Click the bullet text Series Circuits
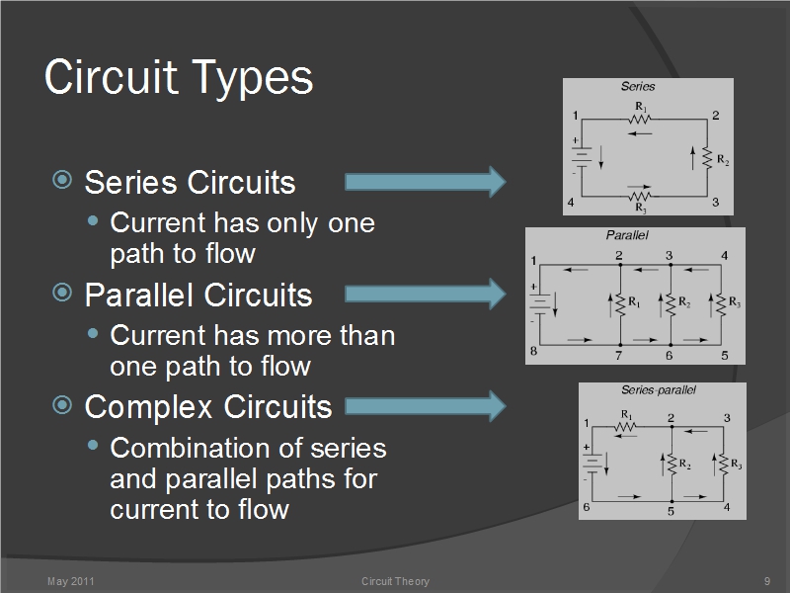pos(190,183)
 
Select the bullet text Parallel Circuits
pos(197,295)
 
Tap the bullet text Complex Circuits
pos(207,406)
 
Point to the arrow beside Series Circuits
pos(425,181)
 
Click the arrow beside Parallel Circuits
pos(425,294)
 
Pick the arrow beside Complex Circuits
pos(425,405)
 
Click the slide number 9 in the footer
pos(766,581)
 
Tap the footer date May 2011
pos(70,581)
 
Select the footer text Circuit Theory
pos(395,581)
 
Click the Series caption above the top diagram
pos(637,86)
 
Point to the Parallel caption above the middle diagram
pos(626,235)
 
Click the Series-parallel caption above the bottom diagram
pos(659,389)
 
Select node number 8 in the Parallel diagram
pos(533,352)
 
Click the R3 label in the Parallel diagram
pos(735,302)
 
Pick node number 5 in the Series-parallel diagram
pos(671,511)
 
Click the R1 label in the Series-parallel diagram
pos(627,415)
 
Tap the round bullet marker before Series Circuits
pos(62,181)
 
